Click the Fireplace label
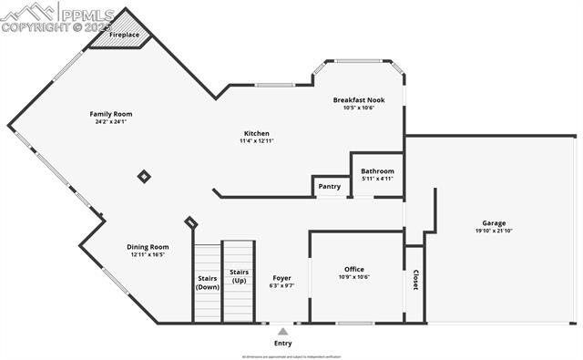pyautogui.click(x=125, y=35)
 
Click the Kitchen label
pyautogui.click(x=256, y=133)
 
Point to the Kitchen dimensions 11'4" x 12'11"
pyautogui.click(x=256, y=141)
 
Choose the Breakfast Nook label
pyautogui.click(x=359, y=99)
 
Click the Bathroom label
pyautogui.click(x=377, y=170)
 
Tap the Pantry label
pyautogui.click(x=330, y=187)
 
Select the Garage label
pyautogui.click(x=494, y=222)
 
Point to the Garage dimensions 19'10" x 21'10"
pyautogui.click(x=494, y=231)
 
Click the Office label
pyautogui.click(x=354, y=269)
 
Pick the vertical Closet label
pyautogui.click(x=415, y=281)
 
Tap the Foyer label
pyautogui.click(x=282, y=277)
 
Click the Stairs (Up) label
pyautogui.click(x=239, y=275)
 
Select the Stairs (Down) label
pyautogui.click(x=207, y=283)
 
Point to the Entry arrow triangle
pyautogui.click(x=282, y=332)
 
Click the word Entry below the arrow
pyautogui.click(x=282, y=344)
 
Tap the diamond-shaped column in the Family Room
pyautogui.click(x=144, y=176)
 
